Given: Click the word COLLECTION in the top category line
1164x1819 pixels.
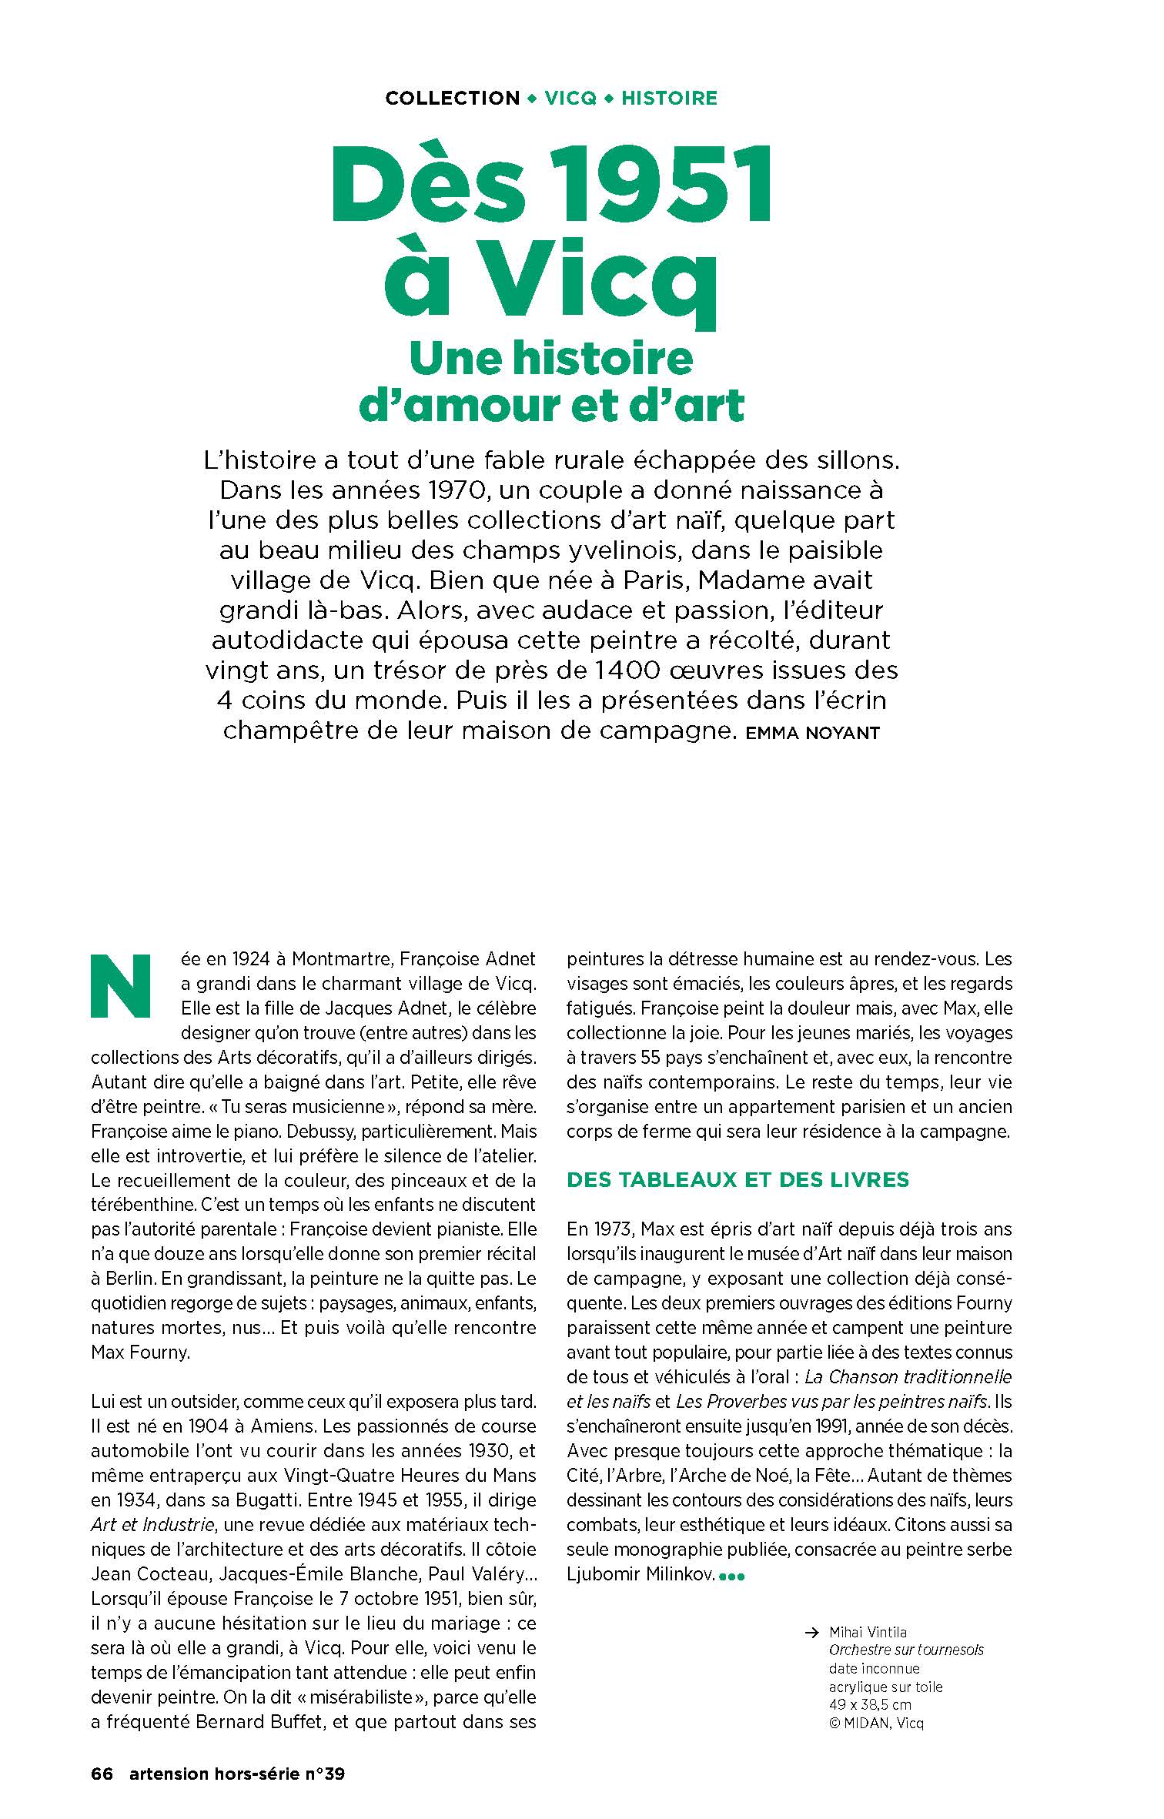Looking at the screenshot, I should (453, 99).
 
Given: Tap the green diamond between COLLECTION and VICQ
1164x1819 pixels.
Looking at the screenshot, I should (532, 99).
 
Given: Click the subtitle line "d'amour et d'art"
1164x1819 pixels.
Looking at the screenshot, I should (552, 406).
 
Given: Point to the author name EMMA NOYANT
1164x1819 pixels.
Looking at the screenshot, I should (812, 733).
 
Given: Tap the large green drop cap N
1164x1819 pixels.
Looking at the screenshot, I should (122, 987).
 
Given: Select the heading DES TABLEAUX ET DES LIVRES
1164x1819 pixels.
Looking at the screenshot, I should (738, 1180).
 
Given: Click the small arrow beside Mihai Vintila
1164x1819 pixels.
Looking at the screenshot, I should (810, 1632).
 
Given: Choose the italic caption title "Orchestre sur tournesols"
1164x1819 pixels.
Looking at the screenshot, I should (906, 1650).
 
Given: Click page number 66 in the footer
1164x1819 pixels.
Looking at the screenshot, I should (102, 1774).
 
